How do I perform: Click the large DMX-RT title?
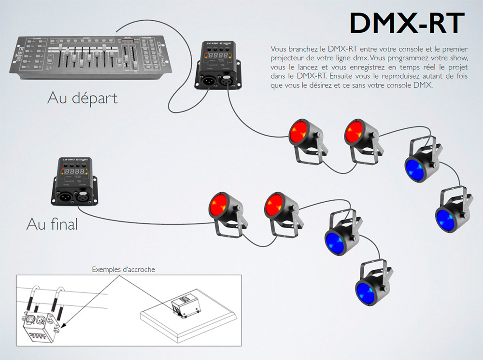tap(407, 24)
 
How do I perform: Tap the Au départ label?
tap(83, 98)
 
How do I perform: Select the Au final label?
tap(52, 224)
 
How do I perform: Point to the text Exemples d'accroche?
tap(124, 269)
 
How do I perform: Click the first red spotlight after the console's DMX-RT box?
tap(302, 135)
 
